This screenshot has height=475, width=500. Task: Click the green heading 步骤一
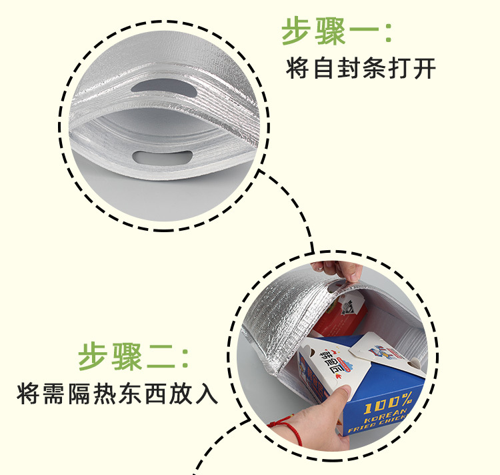tap(327, 31)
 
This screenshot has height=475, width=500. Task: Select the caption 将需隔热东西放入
tap(117, 392)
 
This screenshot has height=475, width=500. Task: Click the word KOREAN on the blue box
tap(385, 418)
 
